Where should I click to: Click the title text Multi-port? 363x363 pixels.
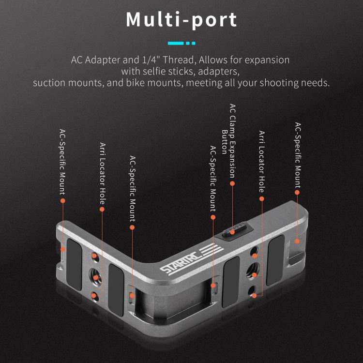click(x=181, y=19)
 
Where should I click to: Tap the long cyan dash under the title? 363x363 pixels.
click(x=175, y=43)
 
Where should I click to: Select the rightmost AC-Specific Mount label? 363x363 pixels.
click(x=298, y=155)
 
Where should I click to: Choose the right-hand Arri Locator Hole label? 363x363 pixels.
click(x=261, y=161)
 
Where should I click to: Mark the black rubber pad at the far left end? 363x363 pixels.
click(x=74, y=262)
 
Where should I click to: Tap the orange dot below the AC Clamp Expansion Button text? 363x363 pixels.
click(x=232, y=183)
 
